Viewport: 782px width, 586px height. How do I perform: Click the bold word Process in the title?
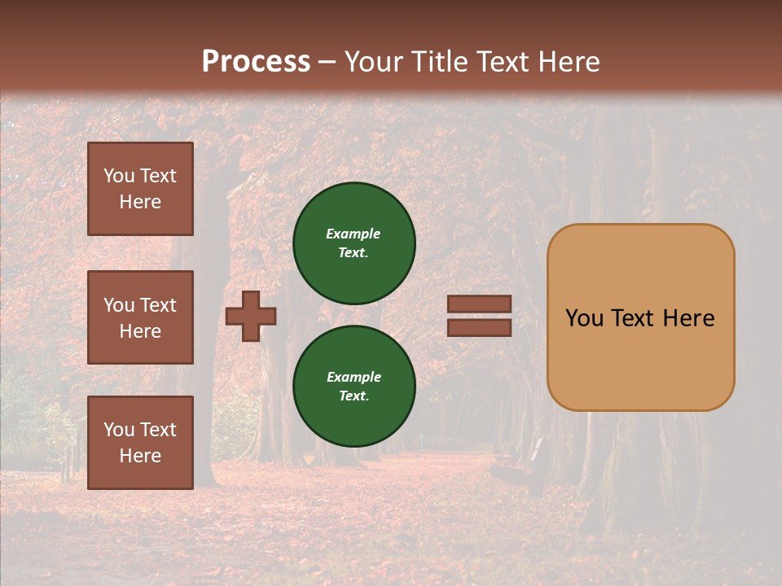(256, 62)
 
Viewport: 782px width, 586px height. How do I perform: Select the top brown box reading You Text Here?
(140, 189)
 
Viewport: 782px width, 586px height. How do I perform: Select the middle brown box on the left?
(140, 317)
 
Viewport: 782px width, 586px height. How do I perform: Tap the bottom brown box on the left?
(140, 442)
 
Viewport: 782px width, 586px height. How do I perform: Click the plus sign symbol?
(251, 316)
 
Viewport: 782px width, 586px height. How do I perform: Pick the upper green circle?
(354, 243)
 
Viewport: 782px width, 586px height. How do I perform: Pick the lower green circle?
(354, 386)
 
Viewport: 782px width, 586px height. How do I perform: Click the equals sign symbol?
(480, 316)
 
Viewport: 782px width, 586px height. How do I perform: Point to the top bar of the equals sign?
(480, 304)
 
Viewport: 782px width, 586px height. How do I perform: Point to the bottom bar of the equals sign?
(480, 327)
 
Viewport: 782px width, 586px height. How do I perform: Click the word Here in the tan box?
(688, 318)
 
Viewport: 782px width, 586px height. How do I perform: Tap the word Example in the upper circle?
(354, 234)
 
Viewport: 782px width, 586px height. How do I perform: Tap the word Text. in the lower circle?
(354, 396)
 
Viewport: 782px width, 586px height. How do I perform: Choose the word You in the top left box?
(118, 176)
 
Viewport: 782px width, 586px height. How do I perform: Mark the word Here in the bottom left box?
(140, 456)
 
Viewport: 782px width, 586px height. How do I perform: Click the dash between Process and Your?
(327, 62)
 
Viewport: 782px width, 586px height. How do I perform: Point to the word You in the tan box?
(584, 318)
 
